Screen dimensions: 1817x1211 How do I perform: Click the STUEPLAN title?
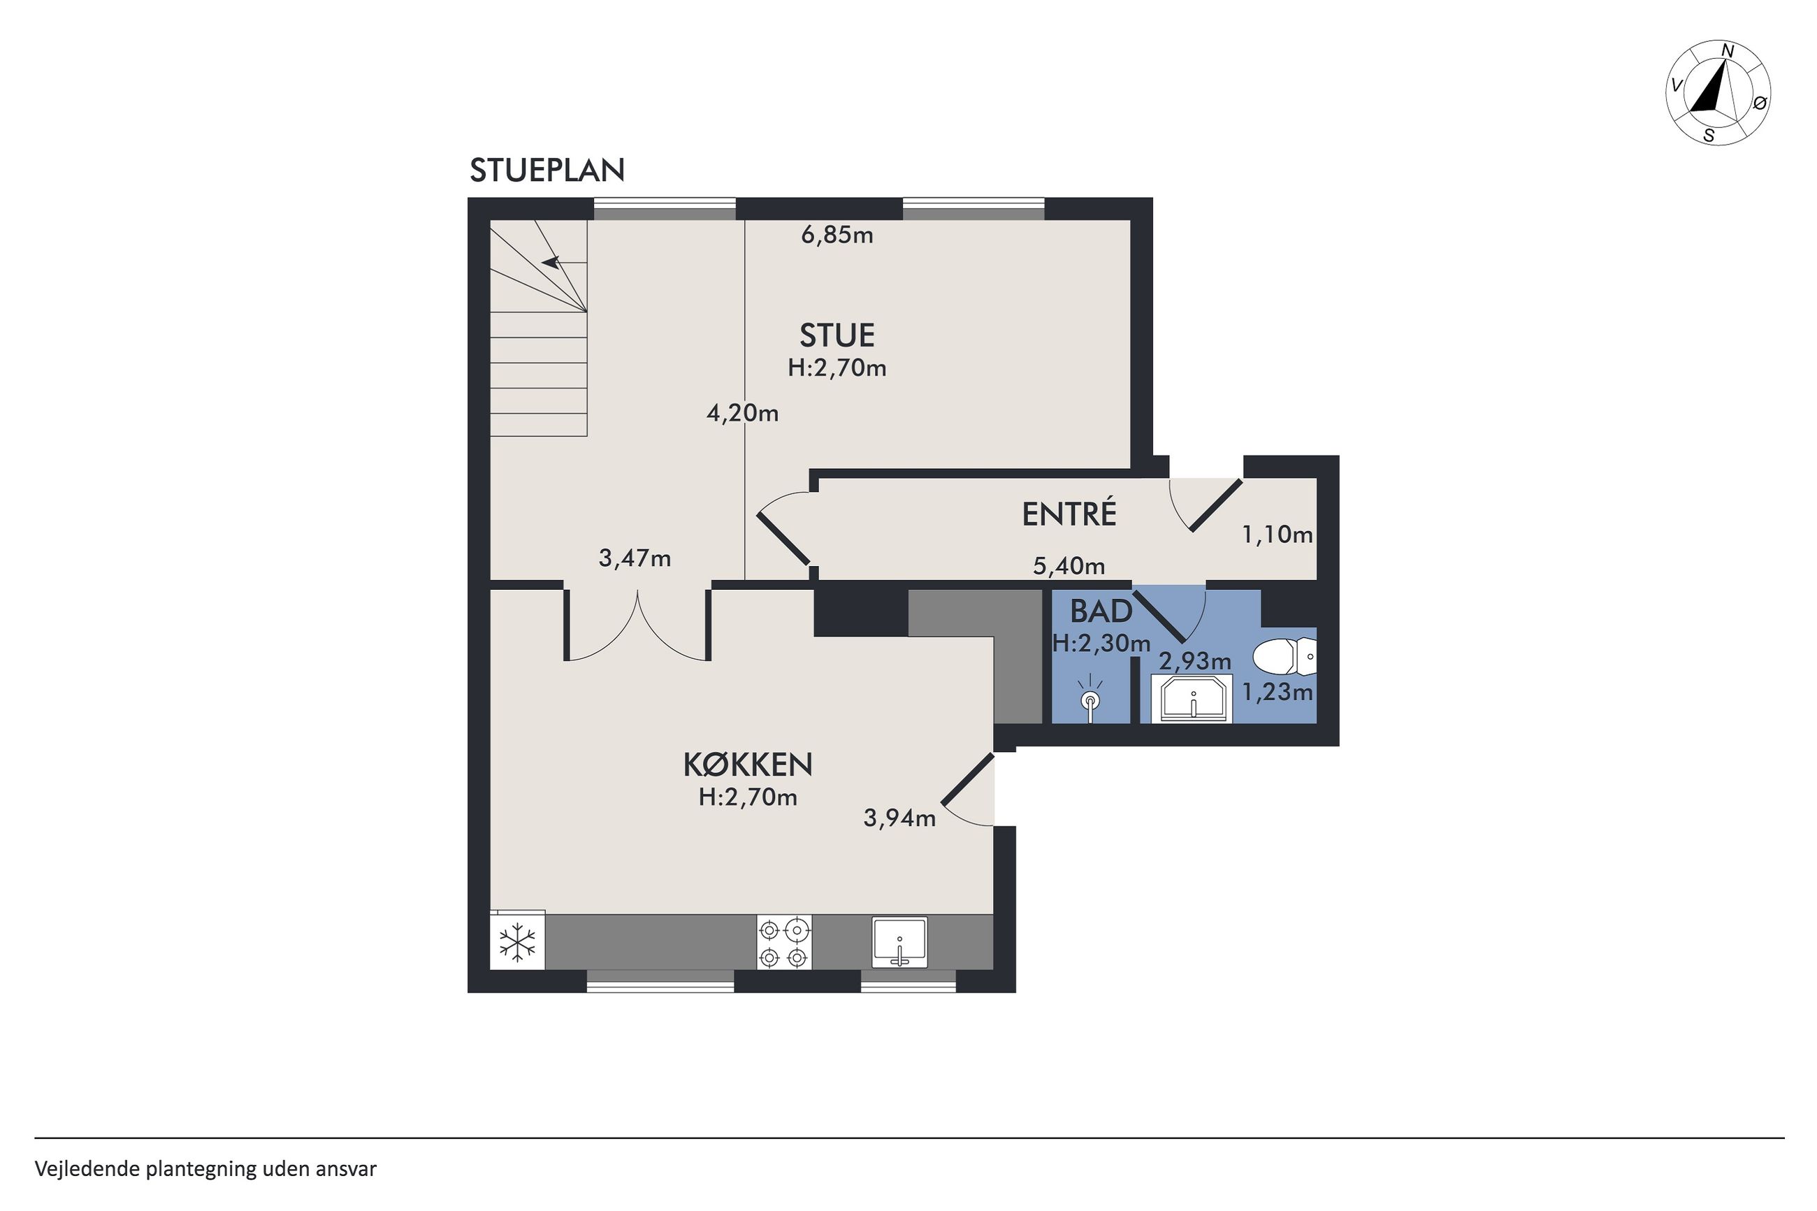pos(546,171)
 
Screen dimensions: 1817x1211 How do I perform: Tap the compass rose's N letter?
pos(1728,72)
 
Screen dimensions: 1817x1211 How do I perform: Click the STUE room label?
pos(837,335)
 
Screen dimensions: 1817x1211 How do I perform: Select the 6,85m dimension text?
pos(837,235)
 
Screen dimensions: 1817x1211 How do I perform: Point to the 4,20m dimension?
pos(742,413)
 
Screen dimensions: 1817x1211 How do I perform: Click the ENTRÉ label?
pos(1069,514)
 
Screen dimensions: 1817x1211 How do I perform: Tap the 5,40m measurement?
pos(1069,566)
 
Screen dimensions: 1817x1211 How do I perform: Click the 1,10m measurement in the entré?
pos(1277,534)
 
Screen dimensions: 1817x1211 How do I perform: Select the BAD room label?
pos(1101,611)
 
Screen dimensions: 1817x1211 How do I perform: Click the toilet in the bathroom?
pos(1284,658)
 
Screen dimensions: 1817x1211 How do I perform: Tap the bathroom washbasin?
pos(1192,699)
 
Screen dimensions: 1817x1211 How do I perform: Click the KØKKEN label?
pos(748,764)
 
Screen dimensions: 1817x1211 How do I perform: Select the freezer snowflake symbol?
pos(517,942)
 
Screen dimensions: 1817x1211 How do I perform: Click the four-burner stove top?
pos(785,941)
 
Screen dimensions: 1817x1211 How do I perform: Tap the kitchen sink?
pos(899,941)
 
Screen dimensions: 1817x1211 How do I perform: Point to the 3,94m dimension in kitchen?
pos(899,817)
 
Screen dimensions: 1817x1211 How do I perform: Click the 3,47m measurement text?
pos(635,558)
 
